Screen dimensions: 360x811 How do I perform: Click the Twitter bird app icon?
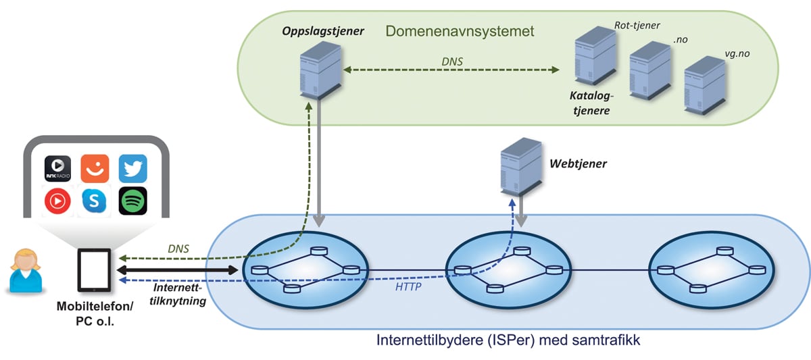coord(132,168)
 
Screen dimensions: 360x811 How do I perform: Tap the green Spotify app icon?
coord(132,201)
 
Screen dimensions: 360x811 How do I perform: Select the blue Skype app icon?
coord(95,201)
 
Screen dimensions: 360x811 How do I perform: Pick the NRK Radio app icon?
coord(57,168)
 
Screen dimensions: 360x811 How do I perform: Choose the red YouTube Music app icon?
coord(57,201)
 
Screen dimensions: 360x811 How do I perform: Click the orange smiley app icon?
coord(95,168)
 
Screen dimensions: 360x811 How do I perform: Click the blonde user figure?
coord(25,271)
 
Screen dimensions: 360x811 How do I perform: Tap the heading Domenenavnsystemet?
coord(460,31)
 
